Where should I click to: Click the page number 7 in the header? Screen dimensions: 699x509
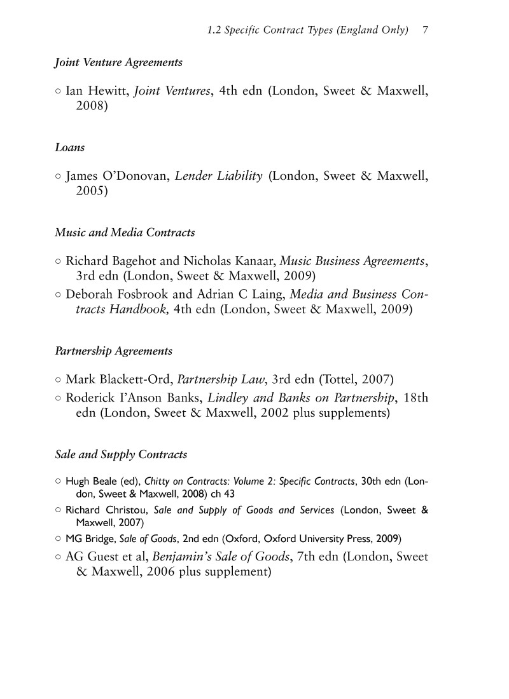point(424,31)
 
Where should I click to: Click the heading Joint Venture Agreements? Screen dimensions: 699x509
point(119,62)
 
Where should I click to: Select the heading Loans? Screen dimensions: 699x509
point(70,147)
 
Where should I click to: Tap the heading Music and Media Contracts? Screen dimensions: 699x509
point(125,233)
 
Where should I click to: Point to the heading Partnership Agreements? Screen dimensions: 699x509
point(114,351)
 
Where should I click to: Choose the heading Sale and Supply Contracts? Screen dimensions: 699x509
point(122,455)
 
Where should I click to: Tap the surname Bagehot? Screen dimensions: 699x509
point(129,261)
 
